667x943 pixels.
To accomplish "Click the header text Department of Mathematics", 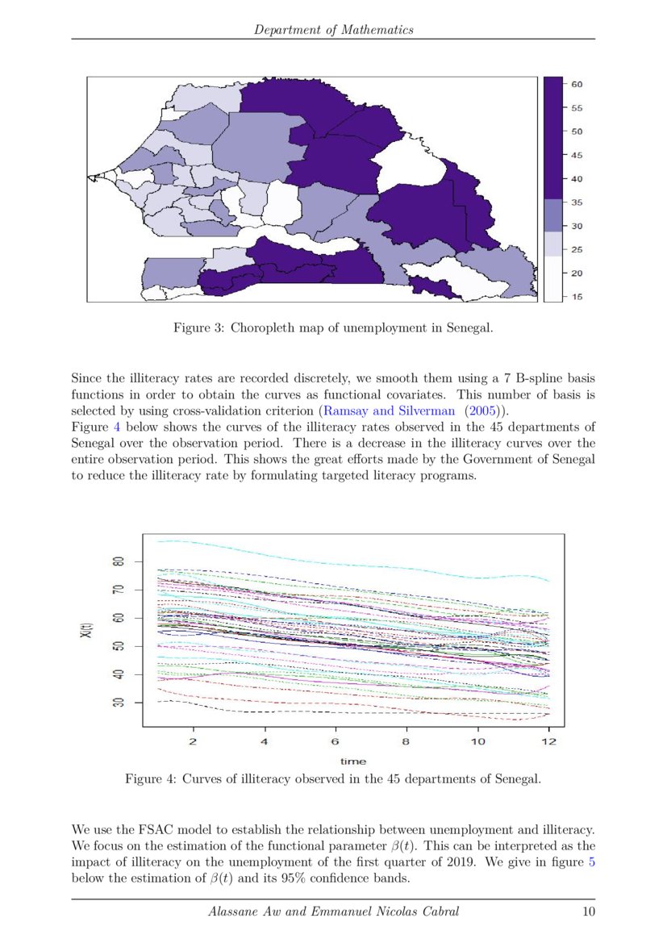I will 333,30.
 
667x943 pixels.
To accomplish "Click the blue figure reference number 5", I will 591,863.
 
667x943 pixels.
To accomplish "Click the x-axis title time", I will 352,761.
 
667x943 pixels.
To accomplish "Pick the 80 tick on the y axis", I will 116,561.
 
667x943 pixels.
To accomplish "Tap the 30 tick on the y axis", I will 116,703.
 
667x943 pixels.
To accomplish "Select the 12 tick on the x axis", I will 548,741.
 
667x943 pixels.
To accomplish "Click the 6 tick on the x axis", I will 335,741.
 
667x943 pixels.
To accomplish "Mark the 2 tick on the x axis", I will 193,741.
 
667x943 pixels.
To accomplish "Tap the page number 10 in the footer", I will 588,912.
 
